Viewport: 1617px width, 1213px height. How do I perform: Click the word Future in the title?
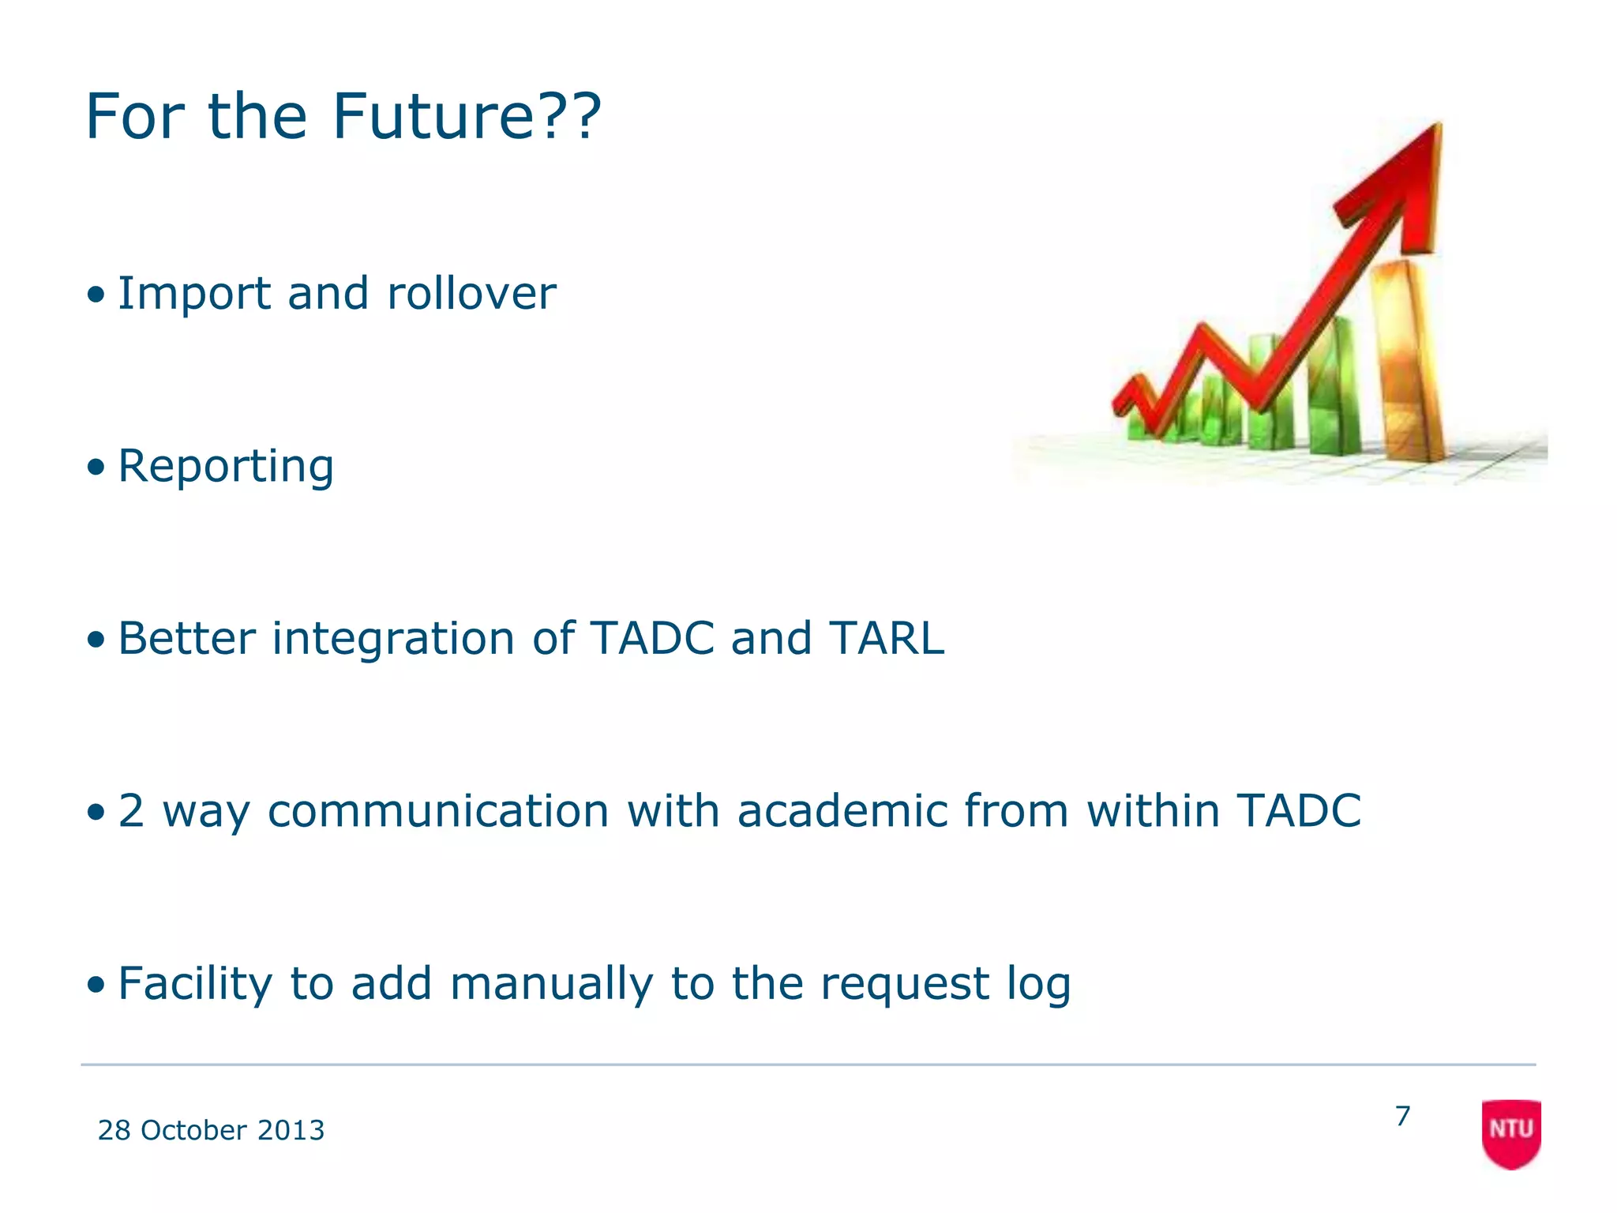coord(433,117)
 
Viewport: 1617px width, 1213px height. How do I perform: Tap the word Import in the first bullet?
coord(193,294)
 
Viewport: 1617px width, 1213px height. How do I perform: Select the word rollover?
coord(471,294)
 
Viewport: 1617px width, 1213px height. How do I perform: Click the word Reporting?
coord(226,467)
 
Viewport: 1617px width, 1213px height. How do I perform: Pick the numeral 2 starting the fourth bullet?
coord(131,811)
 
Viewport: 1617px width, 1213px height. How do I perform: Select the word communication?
coord(438,811)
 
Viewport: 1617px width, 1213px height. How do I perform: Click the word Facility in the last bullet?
coord(194,984)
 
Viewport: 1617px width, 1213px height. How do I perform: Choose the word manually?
coord(552,984)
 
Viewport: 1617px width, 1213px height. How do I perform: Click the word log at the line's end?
coord(1038,986)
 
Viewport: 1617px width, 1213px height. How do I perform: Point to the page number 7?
coord(1402,1117)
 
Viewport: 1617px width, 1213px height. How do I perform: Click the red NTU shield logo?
coord(1511,1132)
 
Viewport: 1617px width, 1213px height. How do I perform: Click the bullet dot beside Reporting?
coord(96,468)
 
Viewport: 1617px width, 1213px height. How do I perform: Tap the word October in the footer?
coord(193,1131)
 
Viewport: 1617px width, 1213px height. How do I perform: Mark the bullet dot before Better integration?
coord(96,640)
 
